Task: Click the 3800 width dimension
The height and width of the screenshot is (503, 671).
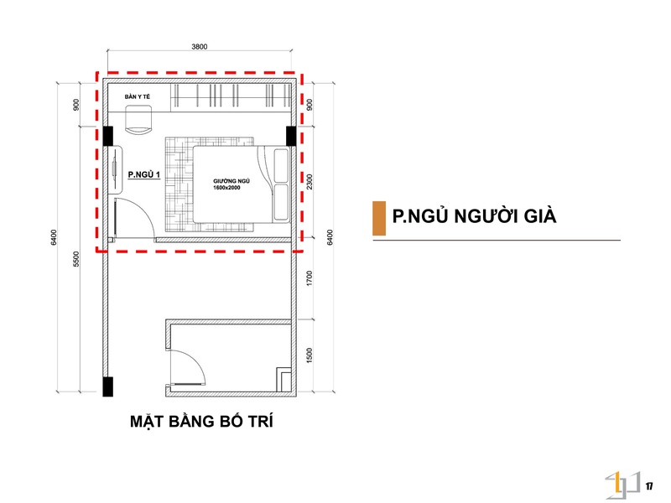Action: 200,47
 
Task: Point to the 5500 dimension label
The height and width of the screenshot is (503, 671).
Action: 76,259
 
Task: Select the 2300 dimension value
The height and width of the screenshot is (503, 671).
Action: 309,182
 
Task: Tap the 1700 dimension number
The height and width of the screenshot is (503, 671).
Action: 309,278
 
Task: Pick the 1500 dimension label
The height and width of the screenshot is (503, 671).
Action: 309,355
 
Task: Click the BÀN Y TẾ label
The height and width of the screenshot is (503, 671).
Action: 138,96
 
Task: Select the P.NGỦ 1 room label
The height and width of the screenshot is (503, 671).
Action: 143,174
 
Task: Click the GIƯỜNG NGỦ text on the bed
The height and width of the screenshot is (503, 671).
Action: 231,181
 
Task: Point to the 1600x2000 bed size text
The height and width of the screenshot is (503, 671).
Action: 226,187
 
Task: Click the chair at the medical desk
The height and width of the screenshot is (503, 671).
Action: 138,120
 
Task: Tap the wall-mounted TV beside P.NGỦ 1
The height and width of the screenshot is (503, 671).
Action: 115,170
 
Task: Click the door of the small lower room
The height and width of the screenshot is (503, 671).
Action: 187,367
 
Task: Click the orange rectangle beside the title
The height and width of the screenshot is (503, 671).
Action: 379,218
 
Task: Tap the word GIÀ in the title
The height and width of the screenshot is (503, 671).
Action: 540,216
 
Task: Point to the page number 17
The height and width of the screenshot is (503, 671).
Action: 649,486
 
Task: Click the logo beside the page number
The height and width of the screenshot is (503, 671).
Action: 622,485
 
